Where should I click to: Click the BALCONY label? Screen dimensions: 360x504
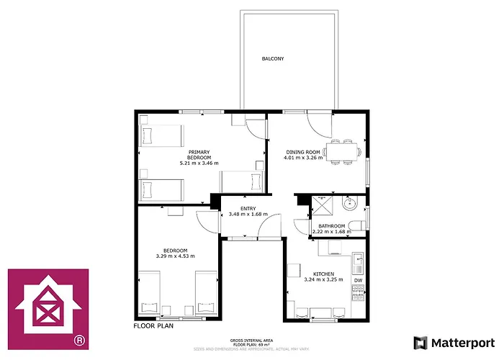pyautogui.click(x=272, y=59)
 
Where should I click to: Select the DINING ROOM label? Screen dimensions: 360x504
pyautogui.click(x=302, y=152)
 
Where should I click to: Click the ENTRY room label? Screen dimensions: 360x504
pyautogui.click(x=248, y=208)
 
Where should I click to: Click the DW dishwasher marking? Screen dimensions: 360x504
pyautogui.click(x=358, y=280)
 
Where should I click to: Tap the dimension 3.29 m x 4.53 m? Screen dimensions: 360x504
pyautogui.click(x=175, y=256)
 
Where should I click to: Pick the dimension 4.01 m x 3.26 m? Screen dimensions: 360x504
pyautogui.click(x=305, y=158)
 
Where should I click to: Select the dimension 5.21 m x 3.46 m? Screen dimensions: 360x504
pyautogui.click(x=199, y=163)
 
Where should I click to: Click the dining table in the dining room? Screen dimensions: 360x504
pyautogui.click(x=341, y=151)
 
